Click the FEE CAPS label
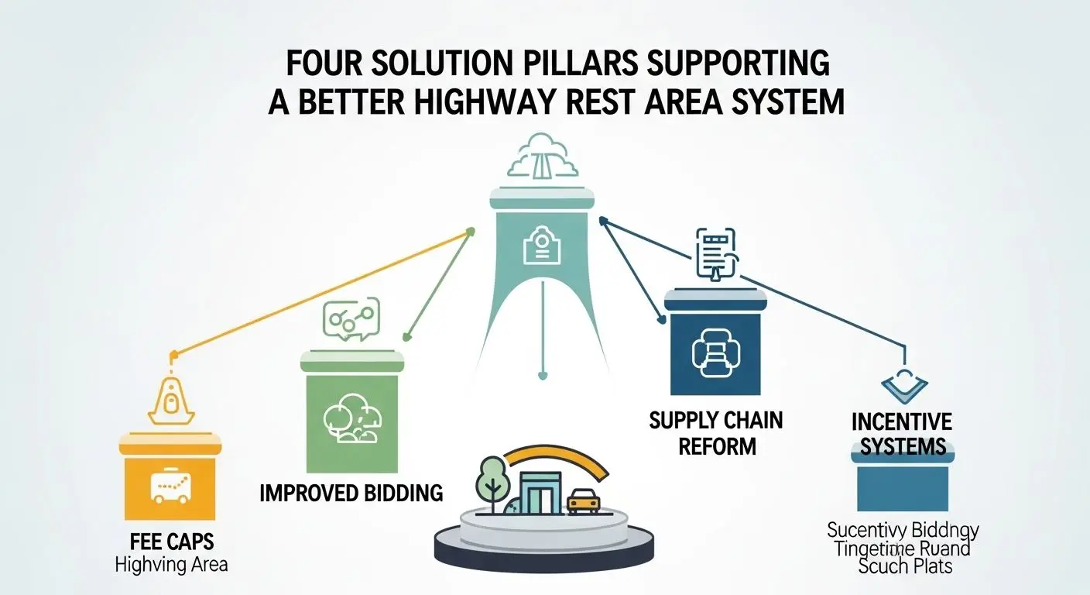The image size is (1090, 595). coord(171,540)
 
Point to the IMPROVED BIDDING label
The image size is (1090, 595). coord(352,494)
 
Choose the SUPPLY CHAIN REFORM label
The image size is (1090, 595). coord(715,434)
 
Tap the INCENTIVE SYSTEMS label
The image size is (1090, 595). coord(902,434)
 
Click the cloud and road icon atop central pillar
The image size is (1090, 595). coord(542,160)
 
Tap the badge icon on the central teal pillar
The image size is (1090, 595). coord(542,246)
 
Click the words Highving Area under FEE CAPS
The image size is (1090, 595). coord(171,564)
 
